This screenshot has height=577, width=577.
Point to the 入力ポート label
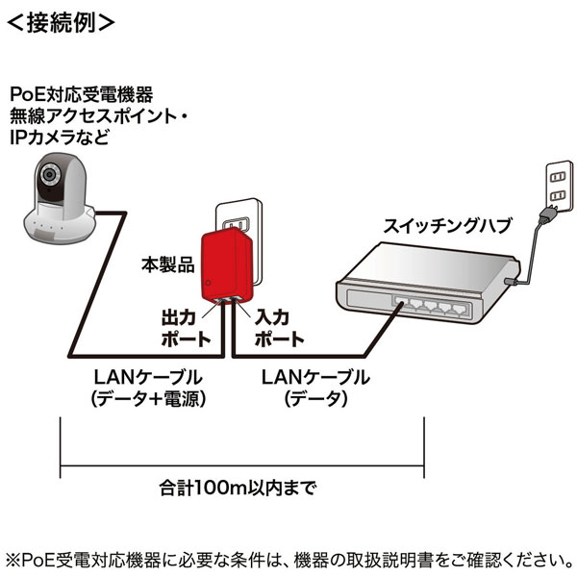(x=280, y=327)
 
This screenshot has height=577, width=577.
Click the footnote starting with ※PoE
(x=288, y=559)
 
